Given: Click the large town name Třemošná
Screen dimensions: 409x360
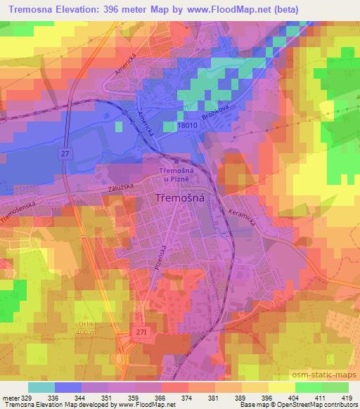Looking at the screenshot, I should [x=179, y=200].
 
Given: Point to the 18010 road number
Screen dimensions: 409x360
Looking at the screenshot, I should [x=188, y=125].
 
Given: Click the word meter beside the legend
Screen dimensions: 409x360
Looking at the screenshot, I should [x=8, y=398].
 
